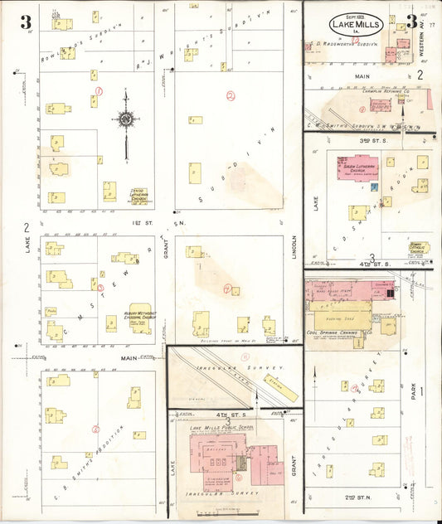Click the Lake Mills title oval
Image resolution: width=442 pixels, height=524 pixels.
(356, 24)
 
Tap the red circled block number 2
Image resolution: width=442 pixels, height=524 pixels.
(231, 95)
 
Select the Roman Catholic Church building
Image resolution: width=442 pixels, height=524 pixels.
(419, 248)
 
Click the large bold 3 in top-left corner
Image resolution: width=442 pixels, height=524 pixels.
(27, 21)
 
